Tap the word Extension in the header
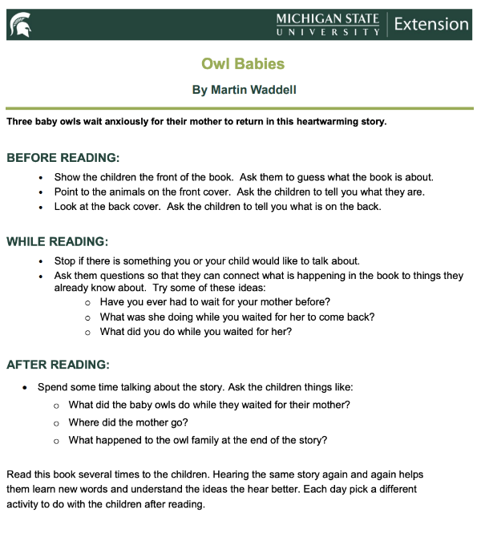[x=431, y=23]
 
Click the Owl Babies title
[x=243, y=63]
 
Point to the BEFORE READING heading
[x=63, y=158]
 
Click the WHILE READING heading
[x=58, y=241]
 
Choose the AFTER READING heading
[x=58, y=365]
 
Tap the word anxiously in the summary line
[x=127, y=122]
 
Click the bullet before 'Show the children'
[x=41, y=177]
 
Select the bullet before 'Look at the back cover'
[x=41, y=207]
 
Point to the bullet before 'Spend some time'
[x=26, y=388]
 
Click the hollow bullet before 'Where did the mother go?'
[x=57, y=423]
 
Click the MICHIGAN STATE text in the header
[x=327, y=18]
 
